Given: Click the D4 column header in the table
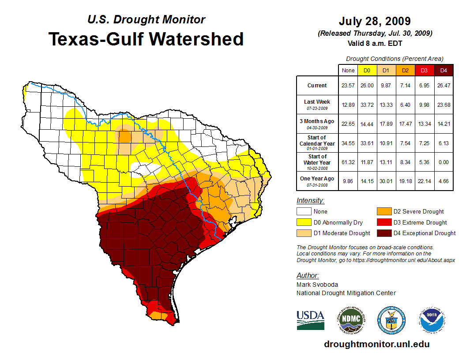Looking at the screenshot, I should point(444,70).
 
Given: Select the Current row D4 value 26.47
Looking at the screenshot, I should point(444,86).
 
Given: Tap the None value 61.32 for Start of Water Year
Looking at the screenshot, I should point(348,162).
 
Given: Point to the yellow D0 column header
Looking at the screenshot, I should point(367,70).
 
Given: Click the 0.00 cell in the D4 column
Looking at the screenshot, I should point(444,162).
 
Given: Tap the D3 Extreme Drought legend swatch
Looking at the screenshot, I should point(383,222).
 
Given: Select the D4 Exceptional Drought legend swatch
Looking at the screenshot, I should point(383,233).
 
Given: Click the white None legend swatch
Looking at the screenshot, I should point(304,212).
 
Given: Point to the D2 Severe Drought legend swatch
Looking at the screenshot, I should point(383,212).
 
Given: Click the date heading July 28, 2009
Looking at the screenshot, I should point(375,21).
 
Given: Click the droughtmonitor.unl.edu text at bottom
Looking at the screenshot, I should point(376,344).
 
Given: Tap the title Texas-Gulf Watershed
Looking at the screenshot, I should point(146,39).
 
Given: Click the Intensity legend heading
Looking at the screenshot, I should point(311,201).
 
